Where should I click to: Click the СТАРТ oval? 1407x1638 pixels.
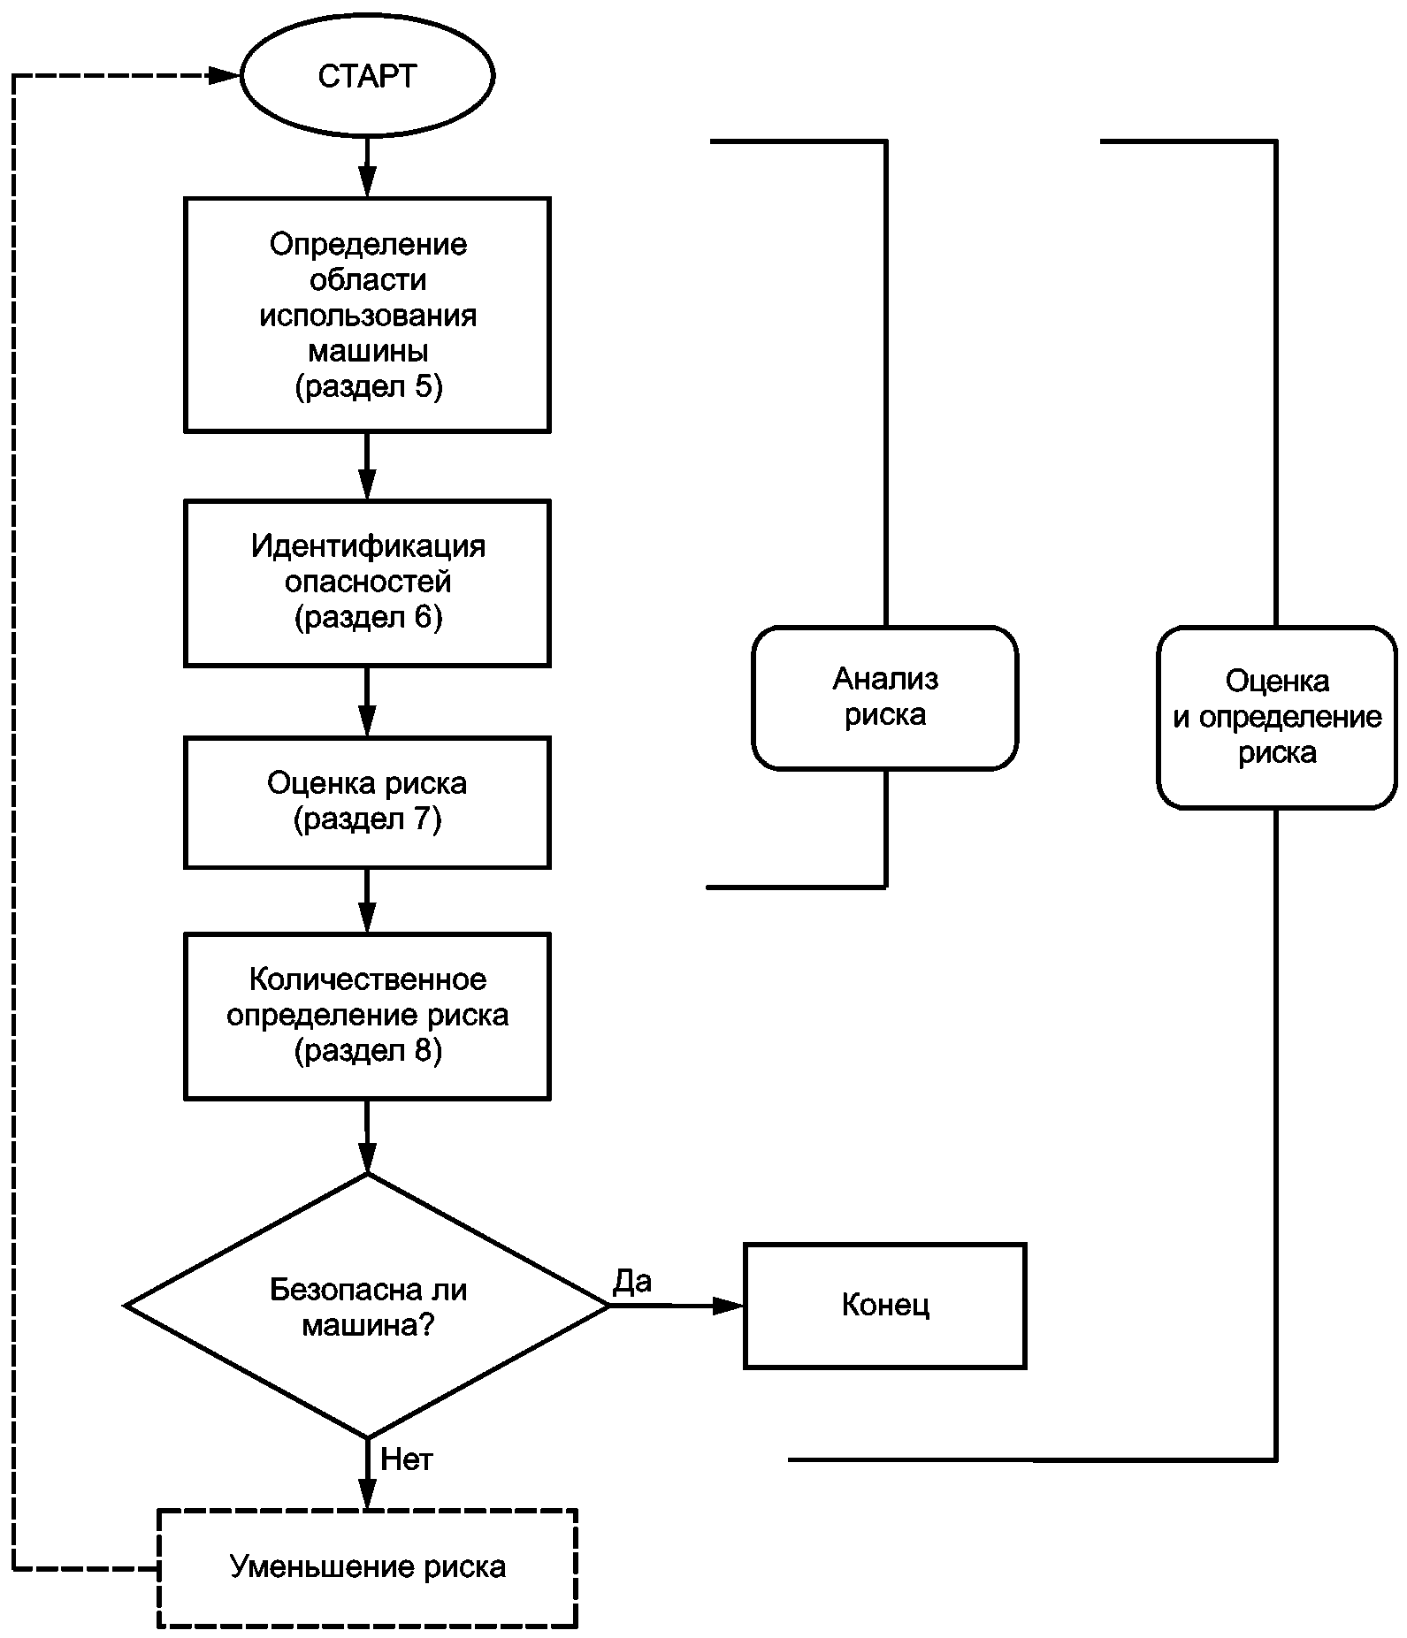point(367,76)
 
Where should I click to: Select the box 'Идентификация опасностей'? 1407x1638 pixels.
point(367,583)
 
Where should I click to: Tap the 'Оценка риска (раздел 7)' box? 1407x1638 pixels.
point(367,803)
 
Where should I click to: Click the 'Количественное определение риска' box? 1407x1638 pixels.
point(367,1016)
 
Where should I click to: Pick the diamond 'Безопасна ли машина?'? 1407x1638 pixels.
point(367,1305)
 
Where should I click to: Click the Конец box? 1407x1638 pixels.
point(885,1306)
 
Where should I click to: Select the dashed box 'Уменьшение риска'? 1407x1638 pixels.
point(367,1567)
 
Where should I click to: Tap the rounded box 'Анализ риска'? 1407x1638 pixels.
point(885,697)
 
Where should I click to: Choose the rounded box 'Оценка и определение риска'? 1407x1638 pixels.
point(1277,717)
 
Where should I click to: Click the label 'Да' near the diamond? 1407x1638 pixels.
point(632,1281)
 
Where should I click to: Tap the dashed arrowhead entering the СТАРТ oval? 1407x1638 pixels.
point(225,76)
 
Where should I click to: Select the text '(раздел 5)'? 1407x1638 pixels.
point(368,387)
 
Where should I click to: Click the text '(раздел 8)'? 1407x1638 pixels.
point(368,1051)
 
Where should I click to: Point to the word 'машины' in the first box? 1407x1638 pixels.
point(368,352)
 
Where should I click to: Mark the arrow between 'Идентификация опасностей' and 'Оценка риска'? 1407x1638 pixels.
point(367,702)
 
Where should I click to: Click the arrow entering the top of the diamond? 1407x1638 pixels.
point(367,1137)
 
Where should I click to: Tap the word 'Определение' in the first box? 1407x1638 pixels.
point(368,244)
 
